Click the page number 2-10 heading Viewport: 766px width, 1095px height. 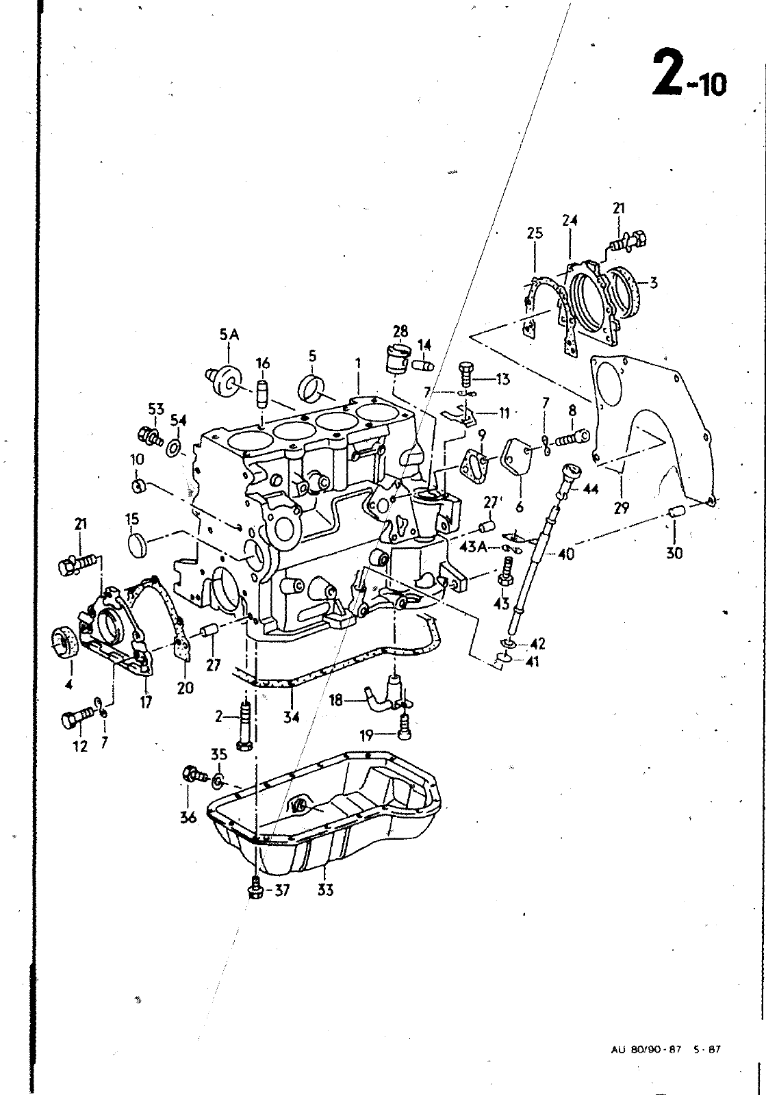pos(690,78)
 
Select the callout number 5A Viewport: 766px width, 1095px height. pos(229,335)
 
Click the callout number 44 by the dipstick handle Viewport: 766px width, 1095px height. pos(591,489)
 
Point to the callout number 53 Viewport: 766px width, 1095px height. pos(157,409)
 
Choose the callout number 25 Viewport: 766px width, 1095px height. pos(535,233)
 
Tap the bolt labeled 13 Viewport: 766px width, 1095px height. pos(466,376)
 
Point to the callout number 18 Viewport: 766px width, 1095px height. pos(336,701)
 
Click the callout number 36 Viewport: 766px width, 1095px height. pos(188,817)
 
